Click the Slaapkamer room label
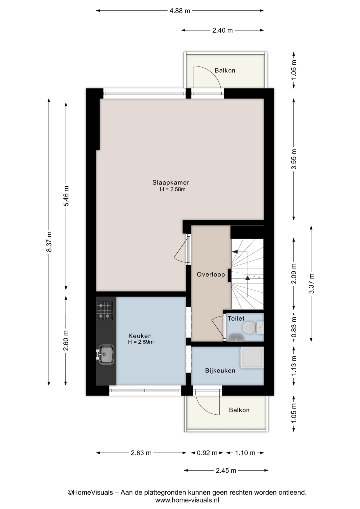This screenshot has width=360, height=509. tap(171, 182)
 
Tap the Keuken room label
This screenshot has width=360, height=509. tap(140, 336)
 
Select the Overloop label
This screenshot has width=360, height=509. tap(211, 274)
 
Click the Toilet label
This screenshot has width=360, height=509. tap(236, 318)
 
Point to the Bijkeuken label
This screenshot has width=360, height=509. tap(220, 371)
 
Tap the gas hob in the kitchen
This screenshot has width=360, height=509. tap(105, 311)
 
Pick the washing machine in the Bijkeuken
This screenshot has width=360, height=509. tap(252, 358)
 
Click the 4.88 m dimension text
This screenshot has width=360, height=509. tap(180, 11)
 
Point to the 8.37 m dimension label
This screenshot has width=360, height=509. tap(49, 242)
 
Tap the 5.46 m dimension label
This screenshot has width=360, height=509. tap(66, 196)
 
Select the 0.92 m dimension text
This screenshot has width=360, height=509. tap(207, 453)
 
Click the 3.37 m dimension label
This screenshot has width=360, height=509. tap(311, 283)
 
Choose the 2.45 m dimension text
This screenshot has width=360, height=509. tap(226, 471)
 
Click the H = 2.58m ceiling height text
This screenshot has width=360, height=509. tap(173, 189)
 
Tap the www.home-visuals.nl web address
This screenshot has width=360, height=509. tap(187, 500)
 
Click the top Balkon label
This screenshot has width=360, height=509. tap(225, 71)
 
